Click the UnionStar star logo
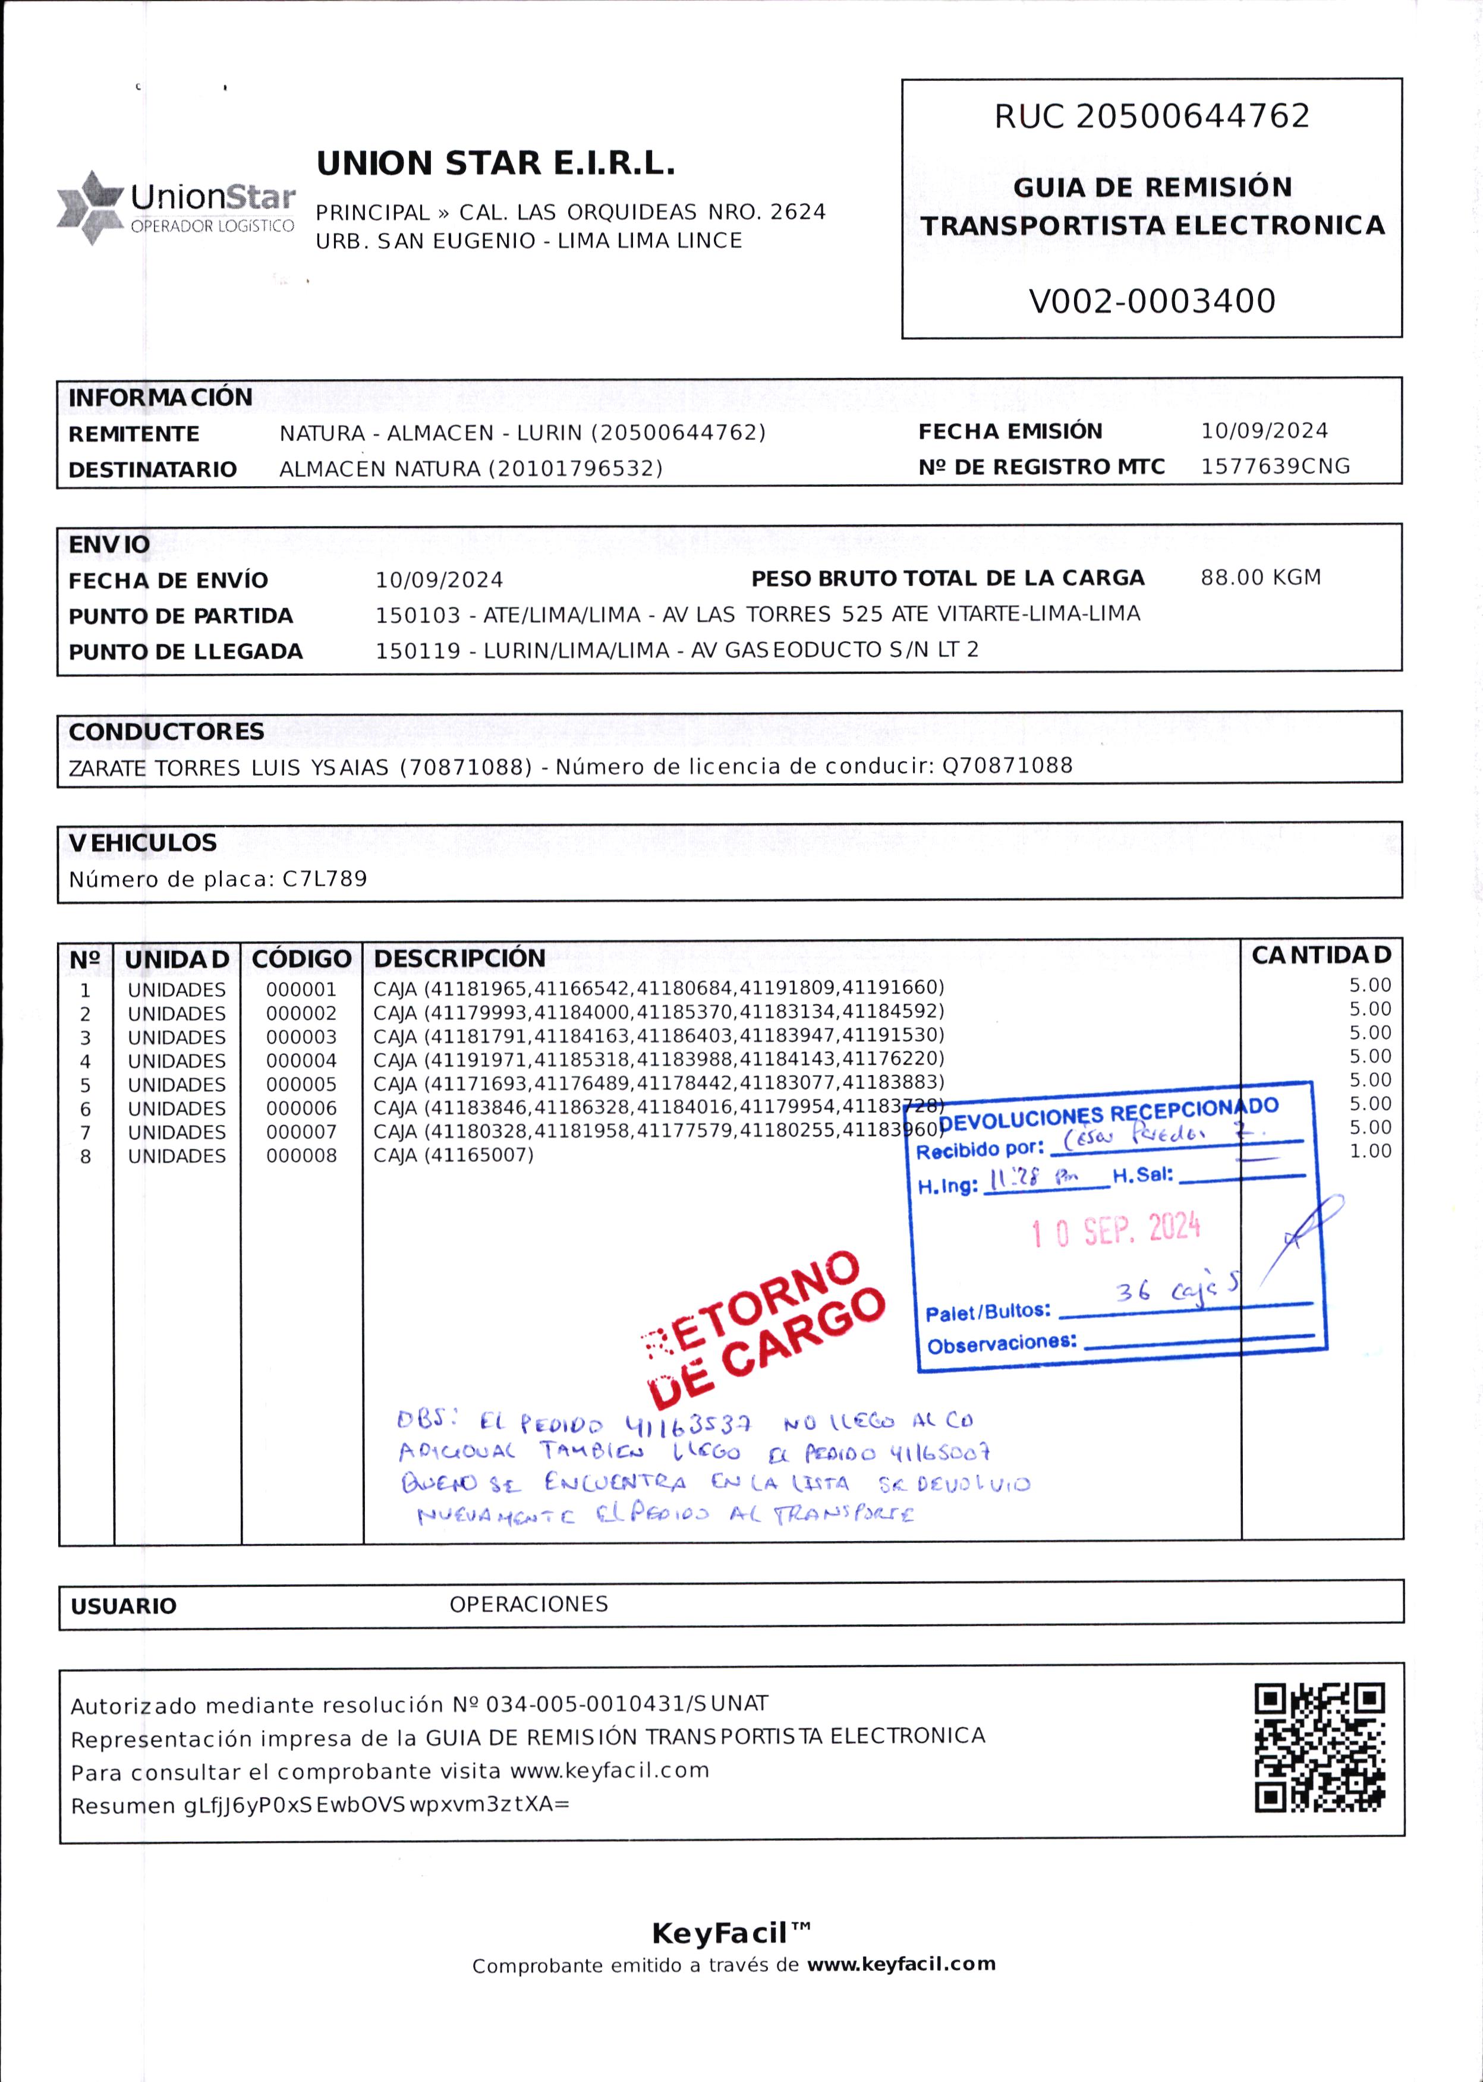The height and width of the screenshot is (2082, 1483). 90,207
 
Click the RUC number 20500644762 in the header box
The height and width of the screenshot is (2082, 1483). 1194,116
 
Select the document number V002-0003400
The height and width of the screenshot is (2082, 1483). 1151,300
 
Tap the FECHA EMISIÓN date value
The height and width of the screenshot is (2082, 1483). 1264,431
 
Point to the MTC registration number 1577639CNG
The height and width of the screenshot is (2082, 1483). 1275,467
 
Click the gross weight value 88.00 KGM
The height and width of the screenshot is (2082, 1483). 1260,577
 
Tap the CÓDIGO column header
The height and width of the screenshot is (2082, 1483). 301,959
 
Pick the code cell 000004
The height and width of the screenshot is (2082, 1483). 301,1061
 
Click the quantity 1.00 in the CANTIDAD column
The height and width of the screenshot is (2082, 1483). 1369,1151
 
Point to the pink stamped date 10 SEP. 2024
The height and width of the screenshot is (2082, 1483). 1115,1231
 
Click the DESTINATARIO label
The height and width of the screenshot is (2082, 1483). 153,470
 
